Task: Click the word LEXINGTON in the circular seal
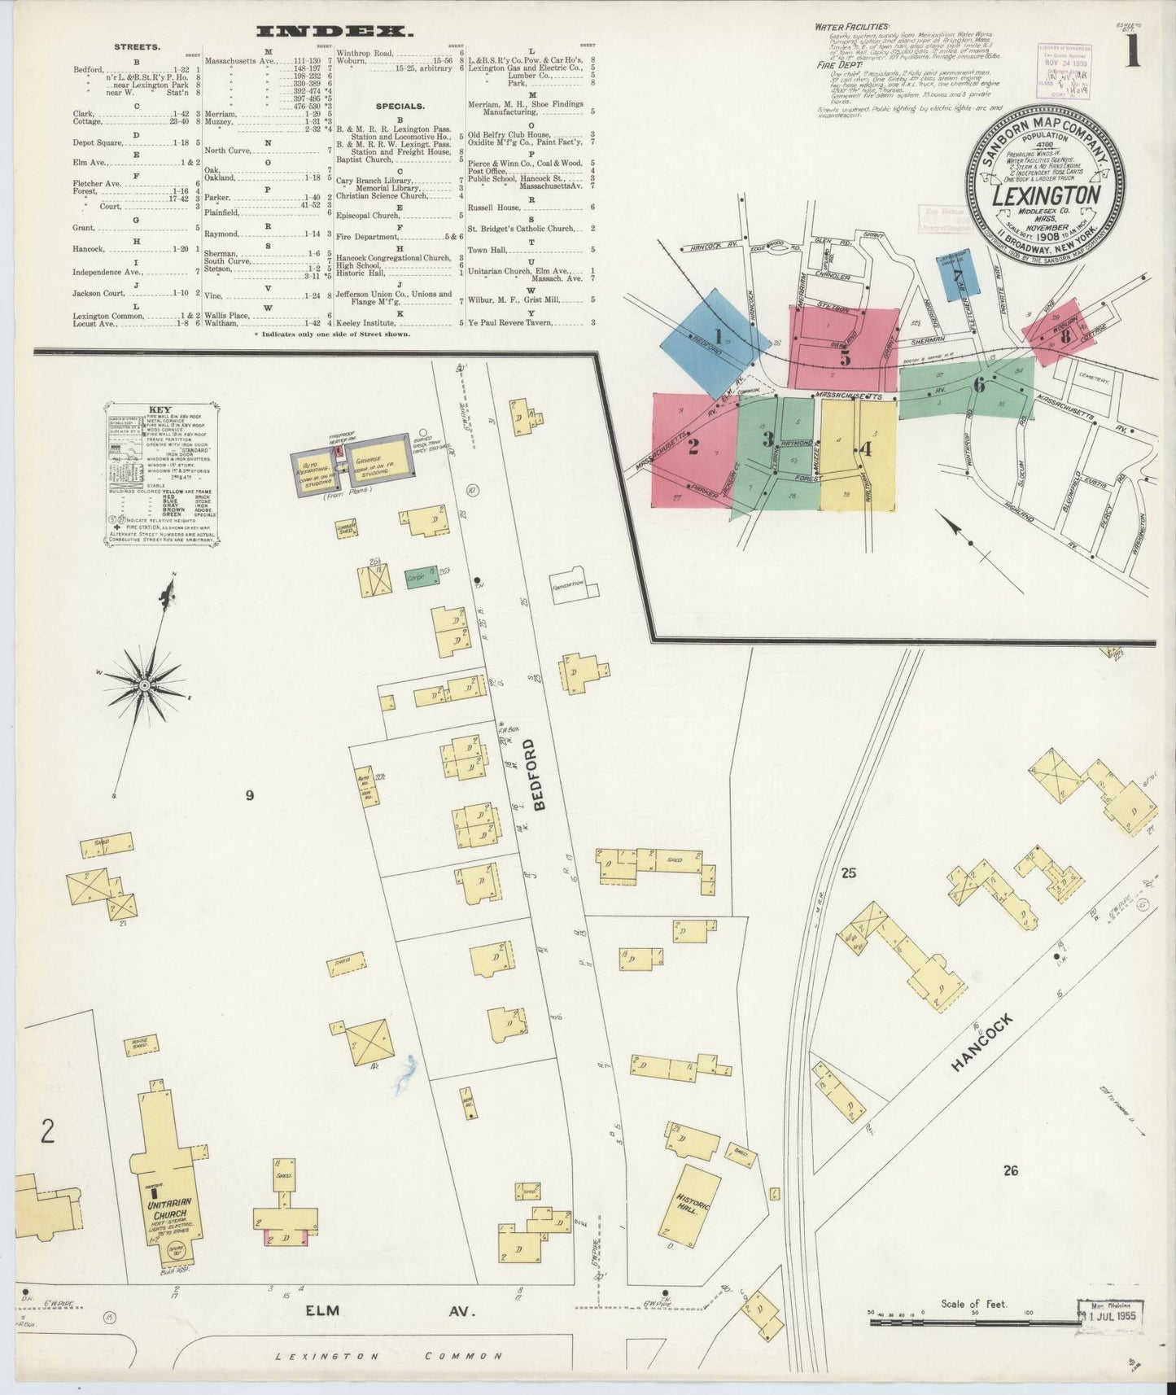click(x=1046, y=195)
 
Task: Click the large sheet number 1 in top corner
click(x=1133, y=51)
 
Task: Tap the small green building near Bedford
click(x=421, y=579)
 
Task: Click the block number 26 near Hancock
click(x=1010, y=1170)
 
